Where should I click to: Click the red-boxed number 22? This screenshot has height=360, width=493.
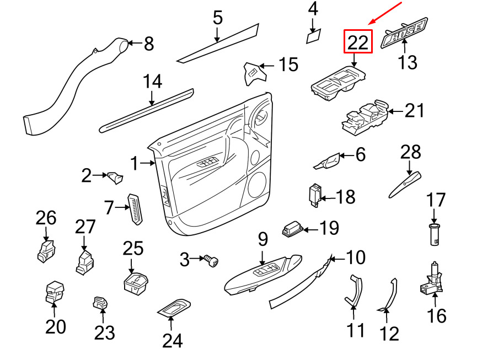point(358,42)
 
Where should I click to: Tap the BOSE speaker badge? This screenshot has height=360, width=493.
point(405,33)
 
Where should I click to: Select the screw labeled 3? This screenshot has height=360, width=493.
point(211,260)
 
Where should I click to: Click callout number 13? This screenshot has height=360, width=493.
point(408,62)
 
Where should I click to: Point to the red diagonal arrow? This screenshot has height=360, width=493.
point(385,13)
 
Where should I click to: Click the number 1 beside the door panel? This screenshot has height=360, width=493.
point(134,163)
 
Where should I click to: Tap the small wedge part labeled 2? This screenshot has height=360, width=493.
point(115,178)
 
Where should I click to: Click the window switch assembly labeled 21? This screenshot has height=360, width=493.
point(365,117)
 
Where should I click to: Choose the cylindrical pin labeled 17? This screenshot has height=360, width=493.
point(434,234)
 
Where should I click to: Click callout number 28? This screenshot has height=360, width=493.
point(411,152)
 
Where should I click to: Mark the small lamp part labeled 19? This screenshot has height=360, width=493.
point(293,229)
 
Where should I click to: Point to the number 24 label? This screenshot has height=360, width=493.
point(173,341)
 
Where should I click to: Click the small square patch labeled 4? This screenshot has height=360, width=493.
point(314,36)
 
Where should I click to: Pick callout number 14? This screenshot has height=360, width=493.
point(153,82)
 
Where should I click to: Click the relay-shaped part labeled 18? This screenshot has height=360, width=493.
point(315,196)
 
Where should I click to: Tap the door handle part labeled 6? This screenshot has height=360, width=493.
point(328,161)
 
